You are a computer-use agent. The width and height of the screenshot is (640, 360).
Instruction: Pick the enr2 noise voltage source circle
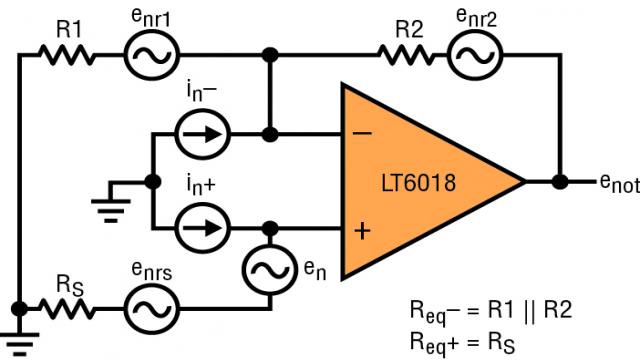[x=467, y=57]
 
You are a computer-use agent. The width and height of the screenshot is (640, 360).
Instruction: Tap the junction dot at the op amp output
[x=560, y=182]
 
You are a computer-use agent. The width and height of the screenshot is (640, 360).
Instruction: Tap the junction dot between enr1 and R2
[x=267, y=57]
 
